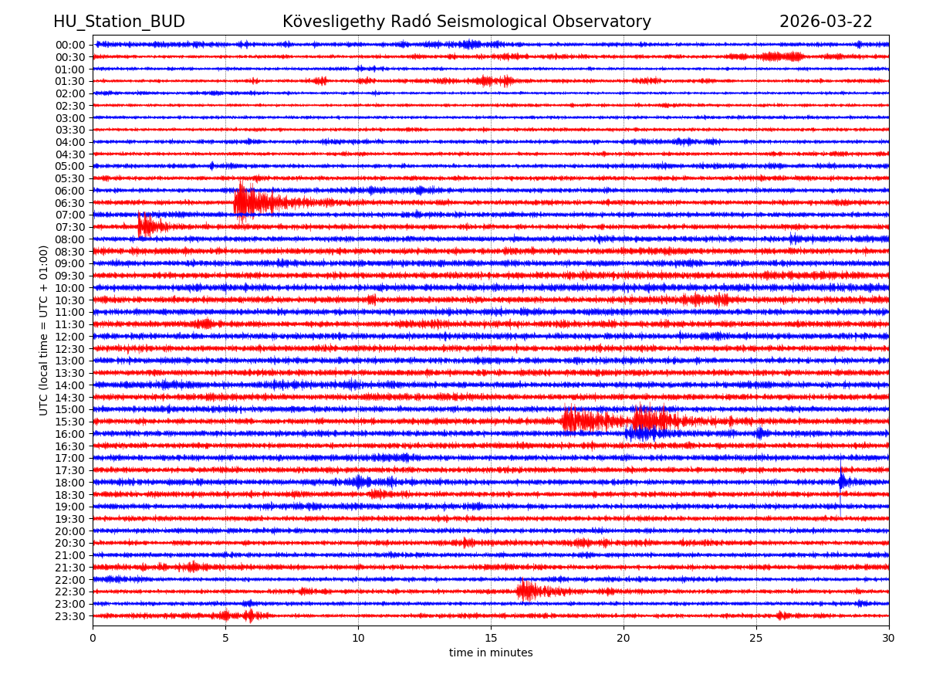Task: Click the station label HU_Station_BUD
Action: [119, 22]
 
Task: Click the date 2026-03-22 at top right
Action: [826, 22]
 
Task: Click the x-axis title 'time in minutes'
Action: [491, 653]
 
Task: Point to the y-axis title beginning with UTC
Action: [44, 330]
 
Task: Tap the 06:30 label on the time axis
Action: [69, 203]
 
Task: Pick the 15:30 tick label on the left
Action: [69, 422]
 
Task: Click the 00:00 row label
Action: [69, 45]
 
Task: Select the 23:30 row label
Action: [69, 616]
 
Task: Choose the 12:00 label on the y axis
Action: [69, 337]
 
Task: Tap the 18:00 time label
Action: [69, 483]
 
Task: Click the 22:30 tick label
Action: [69, 592]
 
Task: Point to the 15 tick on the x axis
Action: [491, 639]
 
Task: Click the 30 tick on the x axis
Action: [889, 639]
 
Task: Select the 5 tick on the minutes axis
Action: [225, 639]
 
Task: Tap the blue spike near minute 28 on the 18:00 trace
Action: [842, 482]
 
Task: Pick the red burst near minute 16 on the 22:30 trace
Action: [526, 591]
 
